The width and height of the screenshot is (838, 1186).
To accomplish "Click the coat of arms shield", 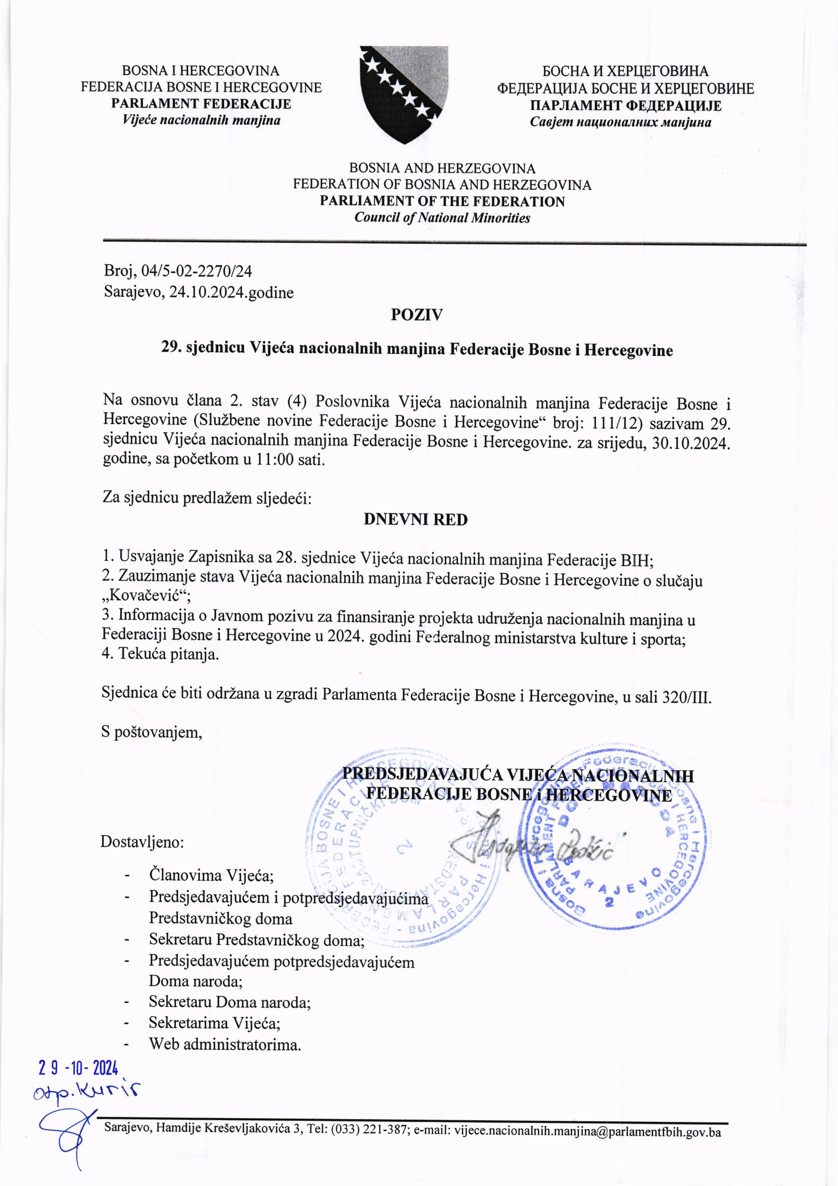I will [404, 93].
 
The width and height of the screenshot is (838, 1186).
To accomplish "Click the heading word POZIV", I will [417, 315].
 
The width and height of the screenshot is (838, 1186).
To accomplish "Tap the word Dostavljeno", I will [142, 842].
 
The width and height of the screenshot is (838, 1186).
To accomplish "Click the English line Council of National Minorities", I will [442, 218].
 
